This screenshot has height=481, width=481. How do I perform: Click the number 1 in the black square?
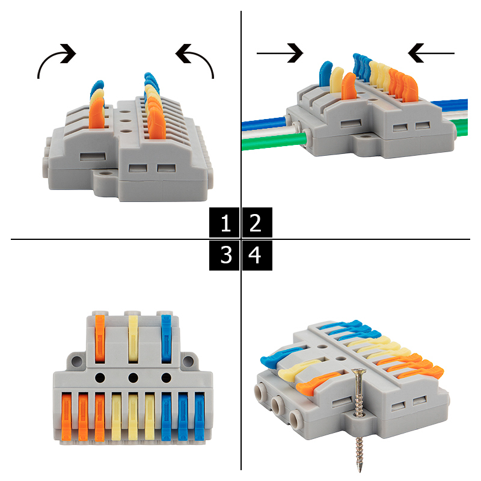[226, 223]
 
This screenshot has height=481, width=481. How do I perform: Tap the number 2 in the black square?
[255, 223]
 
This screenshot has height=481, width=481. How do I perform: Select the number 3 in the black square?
[226, 254]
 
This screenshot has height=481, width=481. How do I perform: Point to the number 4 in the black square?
[254, 254]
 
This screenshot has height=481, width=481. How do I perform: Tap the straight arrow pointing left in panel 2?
[431, 53]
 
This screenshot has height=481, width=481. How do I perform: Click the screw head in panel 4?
[359, 372]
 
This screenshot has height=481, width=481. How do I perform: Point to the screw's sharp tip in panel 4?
[360, 471]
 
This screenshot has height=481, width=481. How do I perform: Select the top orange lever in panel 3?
[100, 339]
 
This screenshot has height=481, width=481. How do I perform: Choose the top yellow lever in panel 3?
[133, 339]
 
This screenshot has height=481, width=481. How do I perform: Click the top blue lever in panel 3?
[166, 339]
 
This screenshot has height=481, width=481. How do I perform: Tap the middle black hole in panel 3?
[133, 378]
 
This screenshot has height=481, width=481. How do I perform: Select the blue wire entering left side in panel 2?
[264, 123]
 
